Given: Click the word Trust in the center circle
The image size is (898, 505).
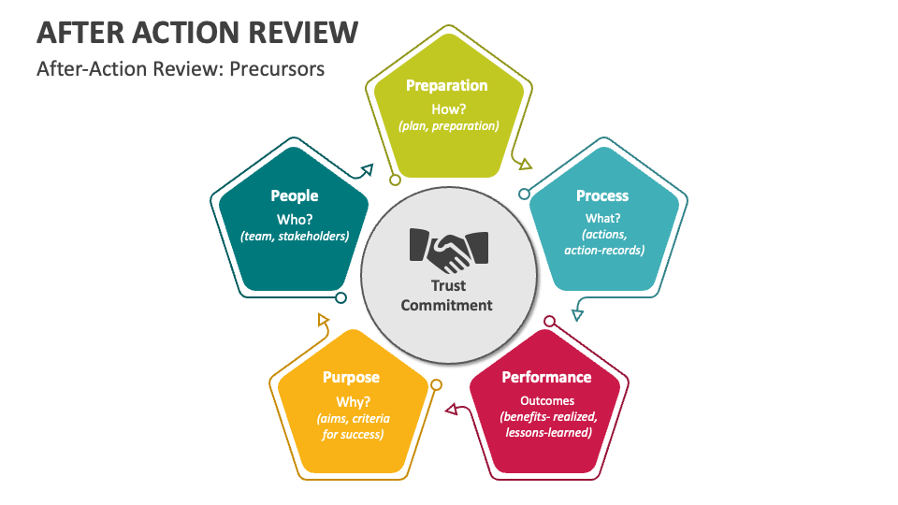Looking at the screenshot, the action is pyautogui.click(x=448, y=286).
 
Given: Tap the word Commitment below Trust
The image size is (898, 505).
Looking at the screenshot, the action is pyautogui.click(x=447, y=305).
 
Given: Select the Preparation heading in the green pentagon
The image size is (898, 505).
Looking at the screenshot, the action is pyautogui.click(x=447, y=86).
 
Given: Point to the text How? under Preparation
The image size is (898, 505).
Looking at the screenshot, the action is pyautogui.click(x=448, y=109).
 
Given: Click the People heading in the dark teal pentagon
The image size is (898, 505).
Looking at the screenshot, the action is pyautogui.click(x=295, y=195).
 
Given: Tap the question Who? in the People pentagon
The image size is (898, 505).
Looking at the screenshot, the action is pyautogui.click(x=295, y=220).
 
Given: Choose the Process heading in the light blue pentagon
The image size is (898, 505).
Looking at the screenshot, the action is pyautogui.click(x=602, y=195).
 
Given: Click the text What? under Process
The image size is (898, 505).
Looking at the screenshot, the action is pyautogui.click(x=602, y=218).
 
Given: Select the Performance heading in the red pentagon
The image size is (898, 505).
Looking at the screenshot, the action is pyautogui.click(x=546, y=377).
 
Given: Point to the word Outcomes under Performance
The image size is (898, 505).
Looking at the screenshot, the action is pyautogui.click(x=547, y=401).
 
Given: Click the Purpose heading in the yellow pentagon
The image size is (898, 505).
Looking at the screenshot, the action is pyautogui.click(x=351, y=377).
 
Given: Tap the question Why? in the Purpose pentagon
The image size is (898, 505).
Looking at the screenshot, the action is pyautogui.click(x=353, y=402).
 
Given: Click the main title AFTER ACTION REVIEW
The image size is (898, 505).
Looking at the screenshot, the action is pyautogui.click(x=197, y=33).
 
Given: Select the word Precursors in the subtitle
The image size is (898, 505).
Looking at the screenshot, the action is pyautogui.click(x=277, y=69).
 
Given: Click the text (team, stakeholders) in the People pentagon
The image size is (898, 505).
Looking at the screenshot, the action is pyautogui.click(x=295, y=237).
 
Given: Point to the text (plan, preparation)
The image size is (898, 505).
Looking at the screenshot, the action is pyautogui.click(x=448, y=126).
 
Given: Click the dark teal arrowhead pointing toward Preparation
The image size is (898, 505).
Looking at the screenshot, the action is pyautogui.click(x=367, y=169).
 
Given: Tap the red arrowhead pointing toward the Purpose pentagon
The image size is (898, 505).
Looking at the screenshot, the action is pyautogui.click(x=452, y=409).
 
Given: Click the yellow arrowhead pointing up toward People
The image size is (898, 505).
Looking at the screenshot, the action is pyautogui.click(x=323, y=320).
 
